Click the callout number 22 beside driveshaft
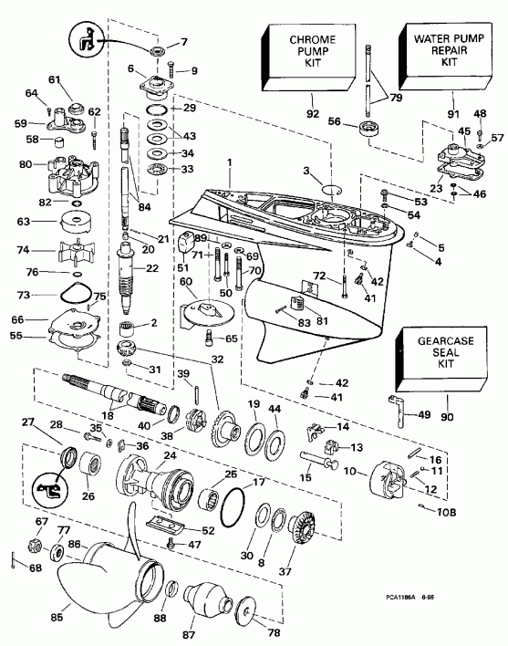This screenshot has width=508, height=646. pos(152,267)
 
